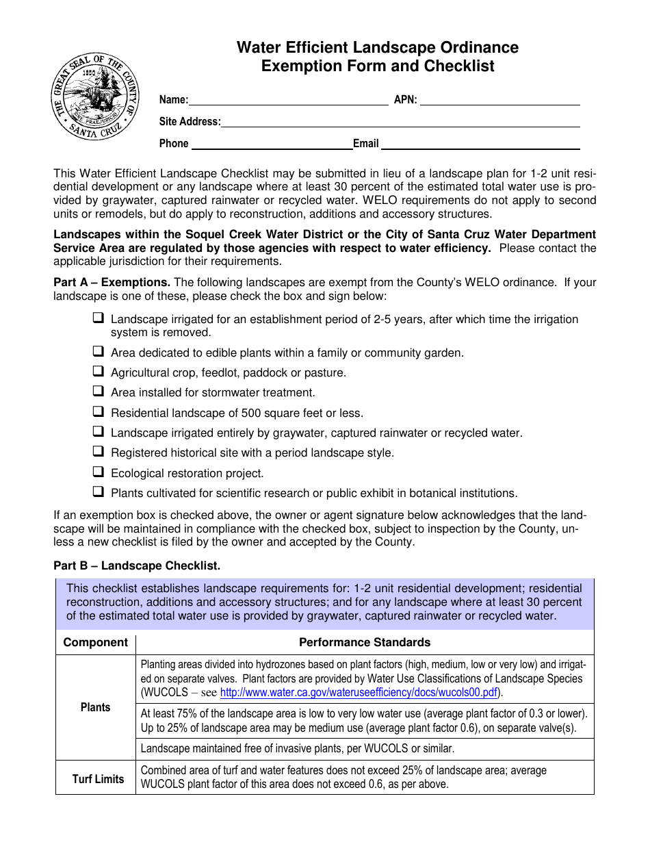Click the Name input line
pyautogui.click(x=288, y=100)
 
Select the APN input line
pyautogui.click(x=499, y=100)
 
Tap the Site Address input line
pyautogui.click(x=400, y=123)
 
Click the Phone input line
pyautogui.click(x=271, y=144)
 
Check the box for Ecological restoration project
pyautogui.click(x=99, y=472)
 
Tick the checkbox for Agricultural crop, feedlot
pyautogui.click(x=99, y=372)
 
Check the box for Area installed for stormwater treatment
pyautogui.click(x=99, y=392)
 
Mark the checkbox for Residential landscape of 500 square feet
pyautogui.click(x=99, y=412)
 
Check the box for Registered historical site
pyautogui.click(x=99, y=452)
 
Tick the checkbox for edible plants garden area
pyautogui.click(x=99, y=352)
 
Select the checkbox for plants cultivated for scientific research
pyautogui.click(x=99, y=492)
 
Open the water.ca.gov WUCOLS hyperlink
pyautogui.click(x=359, y=692)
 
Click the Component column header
pyautogui.click(x=95, y=642)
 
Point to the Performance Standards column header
pyautogui.click(x=365, y=642)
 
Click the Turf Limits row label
pyautogui.click(x=98, y=778)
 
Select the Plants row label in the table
pyautogui.click(x=95, y=707)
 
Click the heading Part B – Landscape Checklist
pyautogui.click(x=137, y=565)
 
